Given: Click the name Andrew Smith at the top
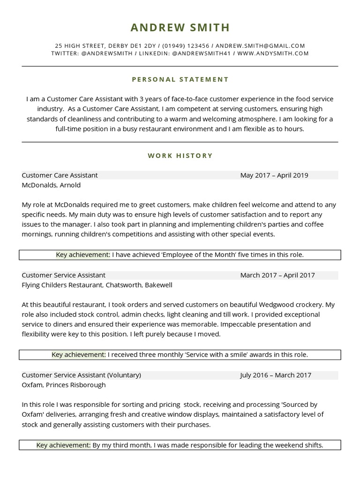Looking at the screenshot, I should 180,28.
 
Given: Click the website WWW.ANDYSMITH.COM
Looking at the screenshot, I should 273,53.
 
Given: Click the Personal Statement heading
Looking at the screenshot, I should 180,79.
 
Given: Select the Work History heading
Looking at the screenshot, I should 180,156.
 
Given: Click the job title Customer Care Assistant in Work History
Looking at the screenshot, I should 60,175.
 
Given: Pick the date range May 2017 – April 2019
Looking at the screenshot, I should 274,175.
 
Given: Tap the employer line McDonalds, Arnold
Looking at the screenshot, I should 51,185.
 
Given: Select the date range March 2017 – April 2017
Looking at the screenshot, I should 277,275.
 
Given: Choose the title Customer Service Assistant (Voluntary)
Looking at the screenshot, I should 81,375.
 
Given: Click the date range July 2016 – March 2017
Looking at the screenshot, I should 275,375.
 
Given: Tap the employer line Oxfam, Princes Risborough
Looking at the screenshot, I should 63,385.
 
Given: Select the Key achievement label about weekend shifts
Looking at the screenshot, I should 63,445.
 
